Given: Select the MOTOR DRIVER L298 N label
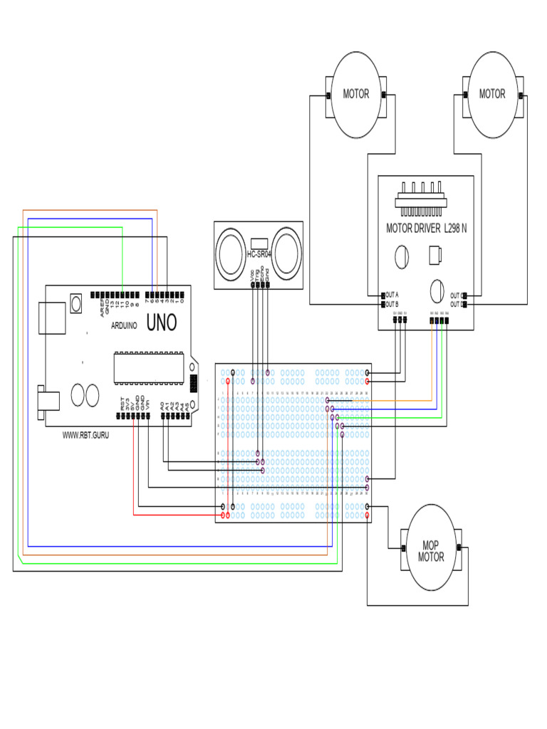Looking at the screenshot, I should tap(424, 229).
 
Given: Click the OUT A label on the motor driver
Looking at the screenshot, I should tap(392, 295).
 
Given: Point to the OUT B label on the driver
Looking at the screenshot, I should tap(392, 304).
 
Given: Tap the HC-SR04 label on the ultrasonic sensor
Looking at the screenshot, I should tap(260, 254).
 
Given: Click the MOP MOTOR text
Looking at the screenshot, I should tap(431, 550).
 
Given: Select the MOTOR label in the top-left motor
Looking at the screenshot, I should tap(356, 94).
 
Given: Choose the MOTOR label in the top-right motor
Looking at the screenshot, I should tap(491, 94).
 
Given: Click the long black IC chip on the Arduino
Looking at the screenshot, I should tap(150, 365).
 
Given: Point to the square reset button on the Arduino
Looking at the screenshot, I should tap(74, 305).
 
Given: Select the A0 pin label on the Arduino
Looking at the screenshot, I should tap(163, 404).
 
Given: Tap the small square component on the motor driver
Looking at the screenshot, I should tap(435, 254).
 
